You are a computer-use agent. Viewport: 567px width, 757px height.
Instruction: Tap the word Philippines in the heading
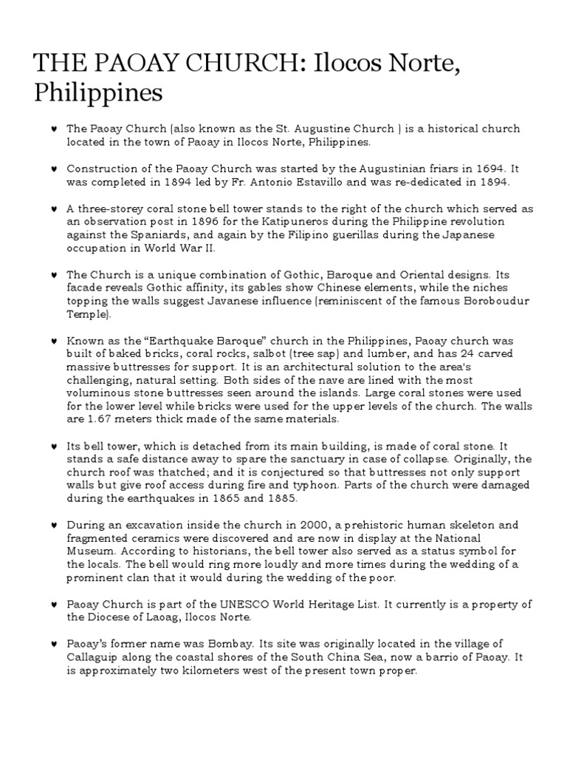point(98,95)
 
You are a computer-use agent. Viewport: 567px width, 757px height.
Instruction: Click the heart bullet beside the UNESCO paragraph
point(55,605)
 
